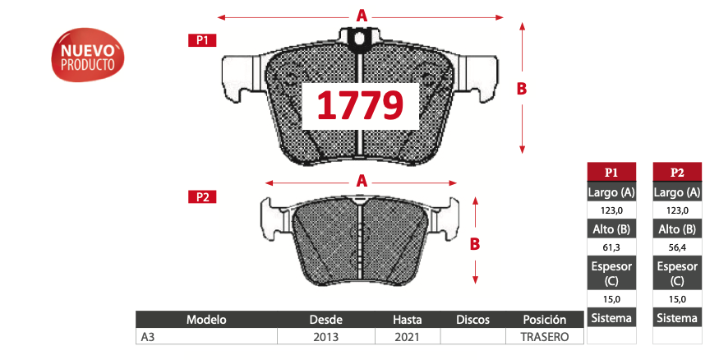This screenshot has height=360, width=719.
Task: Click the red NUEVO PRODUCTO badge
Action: [88, 55]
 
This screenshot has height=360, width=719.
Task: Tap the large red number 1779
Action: [361, 105]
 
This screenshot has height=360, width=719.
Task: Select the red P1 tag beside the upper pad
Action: [202, 40]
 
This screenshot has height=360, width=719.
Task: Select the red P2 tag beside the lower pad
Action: [202, 196]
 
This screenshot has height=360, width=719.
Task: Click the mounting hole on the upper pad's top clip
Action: [360, 39]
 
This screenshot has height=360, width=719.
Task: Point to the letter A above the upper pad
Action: [362, 16]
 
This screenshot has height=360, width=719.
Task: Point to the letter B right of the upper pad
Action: [521, 89]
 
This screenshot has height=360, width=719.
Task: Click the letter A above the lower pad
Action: [362, 181]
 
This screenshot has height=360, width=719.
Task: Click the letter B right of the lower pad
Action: [475, 244]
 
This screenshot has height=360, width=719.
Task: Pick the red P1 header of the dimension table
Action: [611, 173]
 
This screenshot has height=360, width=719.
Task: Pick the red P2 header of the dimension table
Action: [677, 173]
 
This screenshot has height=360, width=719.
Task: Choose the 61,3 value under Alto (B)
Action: [611, 247]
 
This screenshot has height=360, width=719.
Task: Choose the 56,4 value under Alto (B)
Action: [677, 247]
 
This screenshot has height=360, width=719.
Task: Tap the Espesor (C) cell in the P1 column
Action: [611, 274]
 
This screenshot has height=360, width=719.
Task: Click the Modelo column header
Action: [206, 320]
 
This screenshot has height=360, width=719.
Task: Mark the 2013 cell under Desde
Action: [326, 337]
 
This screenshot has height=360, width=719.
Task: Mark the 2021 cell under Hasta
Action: [408, 337]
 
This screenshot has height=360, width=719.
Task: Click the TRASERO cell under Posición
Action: [545, 337]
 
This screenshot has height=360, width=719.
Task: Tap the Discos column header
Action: [472, 320]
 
